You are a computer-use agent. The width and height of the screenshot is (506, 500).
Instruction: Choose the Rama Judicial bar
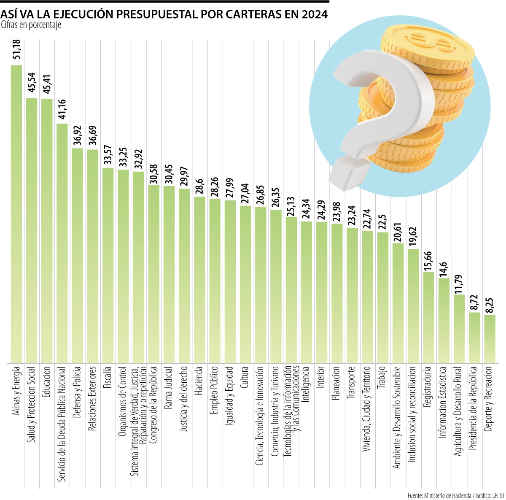click(169, 274)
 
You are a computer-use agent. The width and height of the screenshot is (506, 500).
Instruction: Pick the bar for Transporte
click(352, 295)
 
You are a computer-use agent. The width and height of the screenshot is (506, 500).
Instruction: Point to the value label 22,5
click(383, 220)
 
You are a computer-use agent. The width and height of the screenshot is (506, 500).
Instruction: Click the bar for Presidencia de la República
click(474, 338)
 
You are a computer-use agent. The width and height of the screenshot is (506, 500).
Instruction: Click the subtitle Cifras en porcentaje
click(31, 25)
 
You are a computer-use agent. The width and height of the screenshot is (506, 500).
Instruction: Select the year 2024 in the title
click(314, 14)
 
